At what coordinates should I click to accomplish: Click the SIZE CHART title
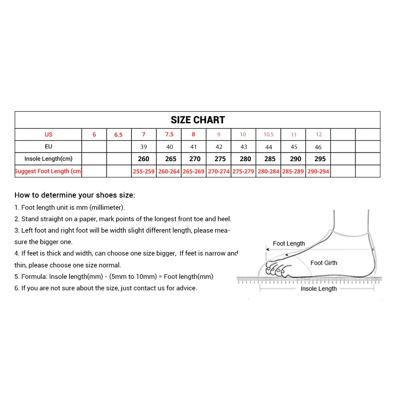click(197, 120)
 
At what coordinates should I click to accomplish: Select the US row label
click(48, 135)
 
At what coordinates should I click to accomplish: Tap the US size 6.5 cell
click(118, 135)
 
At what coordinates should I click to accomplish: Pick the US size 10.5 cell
click(269, 135)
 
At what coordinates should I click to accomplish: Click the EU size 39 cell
click(143, 147)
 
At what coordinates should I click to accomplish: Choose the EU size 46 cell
click(318, 147)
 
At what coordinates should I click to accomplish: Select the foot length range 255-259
click(144, 171)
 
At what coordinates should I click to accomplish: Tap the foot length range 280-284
click(269, 171)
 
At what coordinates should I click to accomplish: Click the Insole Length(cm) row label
click(48, 159)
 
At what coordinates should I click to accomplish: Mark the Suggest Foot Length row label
click(48, 171)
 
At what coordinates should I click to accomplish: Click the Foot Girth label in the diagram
click(324, 263)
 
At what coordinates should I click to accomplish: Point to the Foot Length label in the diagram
click(289, 244)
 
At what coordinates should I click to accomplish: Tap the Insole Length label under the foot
click(318, 289)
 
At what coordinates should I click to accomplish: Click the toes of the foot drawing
click(275, 269)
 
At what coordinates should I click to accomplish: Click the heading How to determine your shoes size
click(75, 195)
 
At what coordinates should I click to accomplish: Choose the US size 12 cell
click(318, 135)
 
